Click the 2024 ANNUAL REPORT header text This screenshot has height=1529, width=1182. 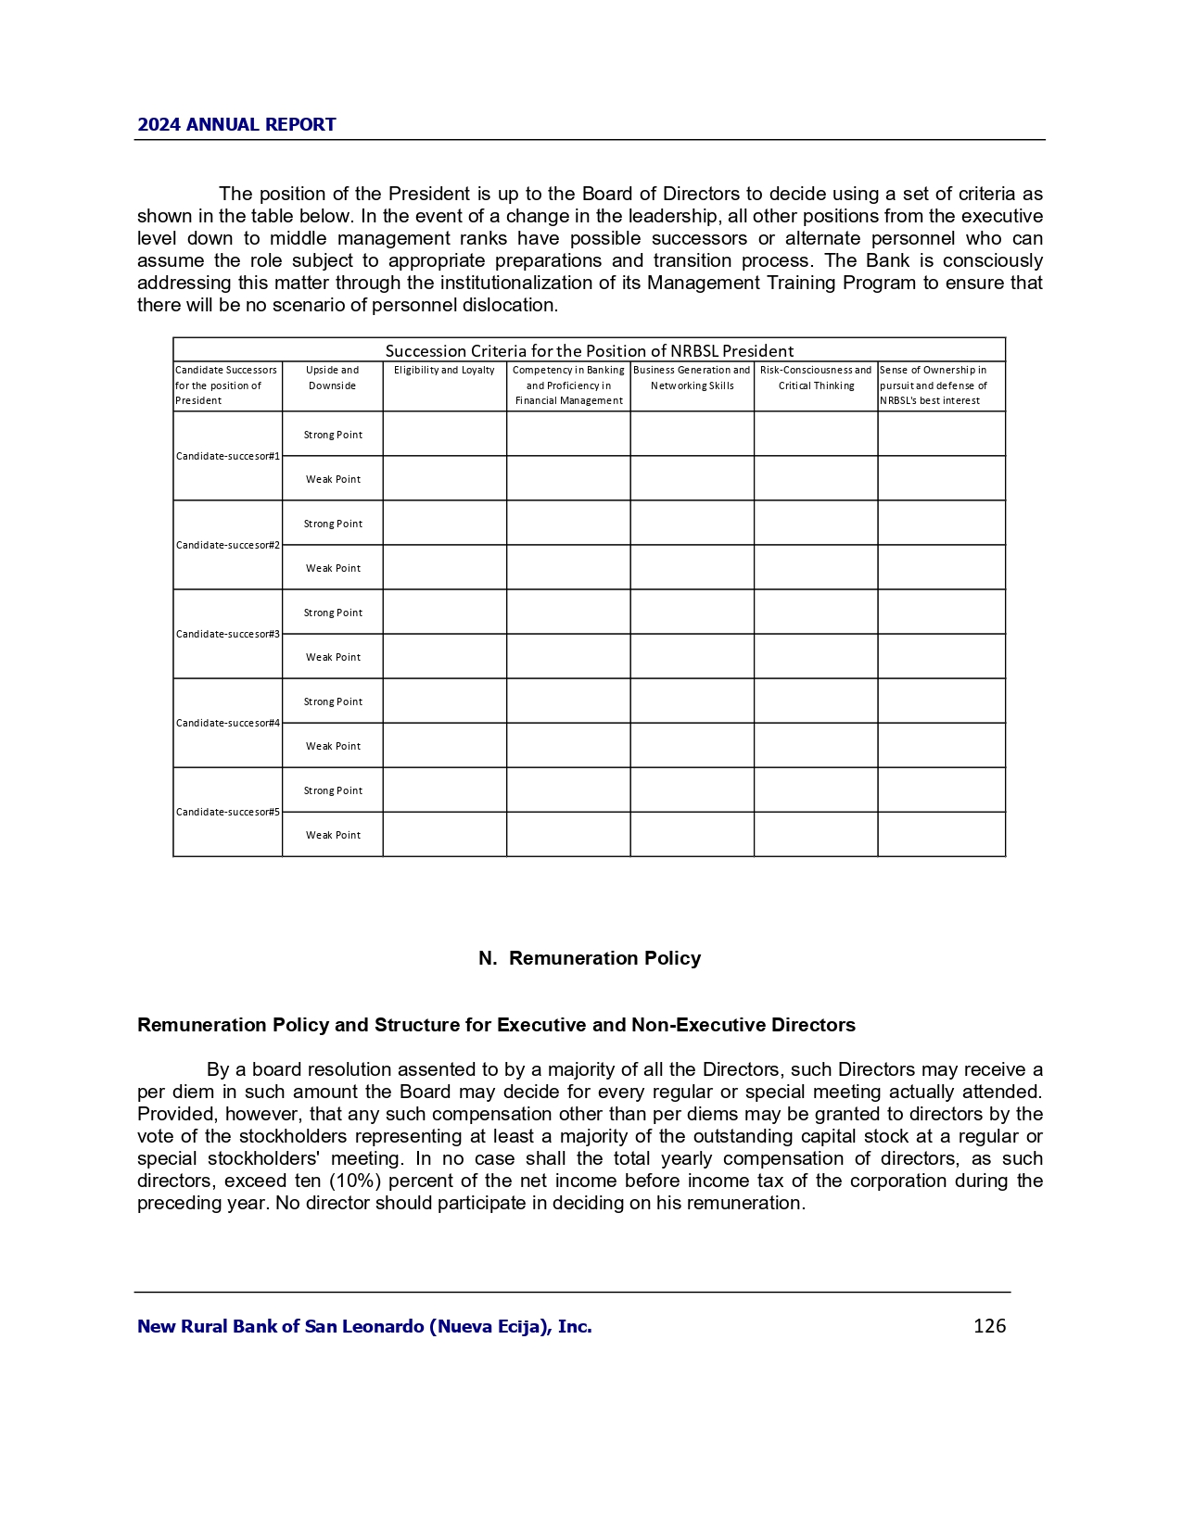coord(236,124)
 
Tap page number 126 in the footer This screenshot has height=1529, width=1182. coord(989,1326)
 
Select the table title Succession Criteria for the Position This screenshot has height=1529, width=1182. coord(589,350)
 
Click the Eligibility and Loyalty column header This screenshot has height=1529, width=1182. coord(444,371)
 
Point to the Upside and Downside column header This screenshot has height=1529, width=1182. coord(332,378)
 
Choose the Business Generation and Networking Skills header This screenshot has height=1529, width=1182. coord(692,378)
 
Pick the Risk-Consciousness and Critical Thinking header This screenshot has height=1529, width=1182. coord(816,378)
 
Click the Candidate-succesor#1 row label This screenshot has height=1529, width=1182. coord(228,456)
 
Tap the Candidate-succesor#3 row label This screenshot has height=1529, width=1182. coord(228,634)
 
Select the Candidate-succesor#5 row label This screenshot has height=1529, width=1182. coord(228,812)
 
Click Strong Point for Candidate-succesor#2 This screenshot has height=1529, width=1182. coord(333,524)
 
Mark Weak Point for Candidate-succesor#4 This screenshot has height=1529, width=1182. coord(333,746)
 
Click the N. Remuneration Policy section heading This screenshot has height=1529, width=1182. coord(590,958)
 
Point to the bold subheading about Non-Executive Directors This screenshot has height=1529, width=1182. coord(496,1025)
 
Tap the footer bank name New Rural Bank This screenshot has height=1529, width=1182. coord(364,1326)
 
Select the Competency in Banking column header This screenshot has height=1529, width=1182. coord(568,385)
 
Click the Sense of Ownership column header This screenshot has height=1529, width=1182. coord(933,385)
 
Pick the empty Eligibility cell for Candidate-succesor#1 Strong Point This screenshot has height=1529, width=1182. coord(444,434)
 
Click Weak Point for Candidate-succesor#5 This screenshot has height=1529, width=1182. coord(333,835)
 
